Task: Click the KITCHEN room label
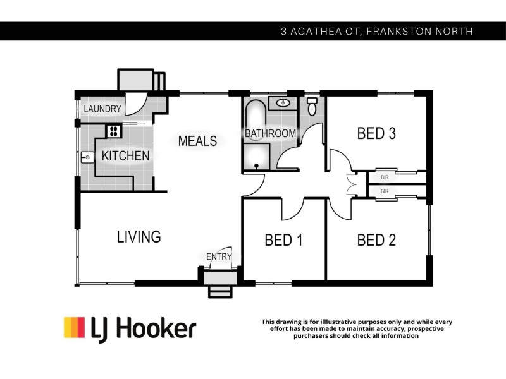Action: click(x=126, y=155)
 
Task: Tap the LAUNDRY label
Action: click(x=102, y=109)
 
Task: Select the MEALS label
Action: click(x=197, y=141)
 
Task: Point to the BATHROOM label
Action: click(x=271, y=133)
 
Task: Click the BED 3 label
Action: click(x=376, y=133)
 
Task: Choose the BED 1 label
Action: click(x=283, y=240)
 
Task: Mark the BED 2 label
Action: click(x=376, y=240)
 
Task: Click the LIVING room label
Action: click(x=139, y=237)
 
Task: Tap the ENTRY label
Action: click(x=219, y=256)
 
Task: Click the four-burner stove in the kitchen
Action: click(x=113, y=131)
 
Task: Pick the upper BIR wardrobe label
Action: click(x=384, y=177)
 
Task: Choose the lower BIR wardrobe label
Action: click(x=384, y=191)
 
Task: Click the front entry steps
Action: click(x=221, y=291)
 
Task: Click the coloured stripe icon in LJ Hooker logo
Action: click(x=74, y=328)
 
